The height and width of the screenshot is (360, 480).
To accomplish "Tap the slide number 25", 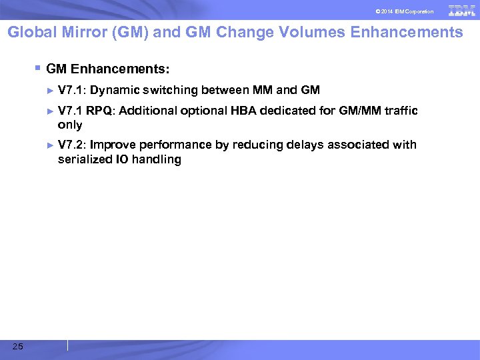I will pyautogui.click(x=17, y=345).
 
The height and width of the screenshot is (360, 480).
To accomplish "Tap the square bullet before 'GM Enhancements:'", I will pyautogui.click(x=39, y=67).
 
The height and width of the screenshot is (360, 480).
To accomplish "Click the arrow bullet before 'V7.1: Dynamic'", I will pyautogui.click(x=51, y=90).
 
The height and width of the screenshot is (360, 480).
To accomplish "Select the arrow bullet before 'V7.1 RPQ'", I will pyautogui.click(x=51, y=111).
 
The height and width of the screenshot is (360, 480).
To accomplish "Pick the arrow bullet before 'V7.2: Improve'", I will pyautogui.click(x=51, y=145).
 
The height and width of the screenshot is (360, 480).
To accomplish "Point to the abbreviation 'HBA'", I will pyautogui.click(x=243, y=111).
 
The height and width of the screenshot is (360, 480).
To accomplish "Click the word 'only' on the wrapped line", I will pyautogui.click(x=70, y=125).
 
